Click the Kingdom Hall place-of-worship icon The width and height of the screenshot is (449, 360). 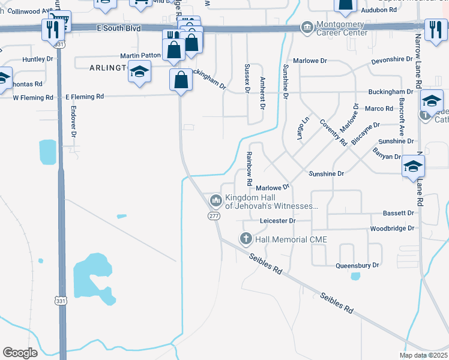(215, 199)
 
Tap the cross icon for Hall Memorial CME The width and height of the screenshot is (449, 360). (246, 239)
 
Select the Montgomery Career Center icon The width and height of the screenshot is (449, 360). (307, 28)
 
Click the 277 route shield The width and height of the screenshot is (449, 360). (214, 216)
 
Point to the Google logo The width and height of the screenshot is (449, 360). (20, 352)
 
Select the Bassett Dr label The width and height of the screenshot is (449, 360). (399, 213)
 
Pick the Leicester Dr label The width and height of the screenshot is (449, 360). (278, 221)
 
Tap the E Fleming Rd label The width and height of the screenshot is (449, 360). (85, 96)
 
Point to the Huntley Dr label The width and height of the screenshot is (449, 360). (37, 59)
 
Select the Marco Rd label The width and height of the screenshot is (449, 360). (379, 109)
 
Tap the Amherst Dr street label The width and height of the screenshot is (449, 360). (262, 92)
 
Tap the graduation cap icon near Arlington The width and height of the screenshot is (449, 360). (140, 73)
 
